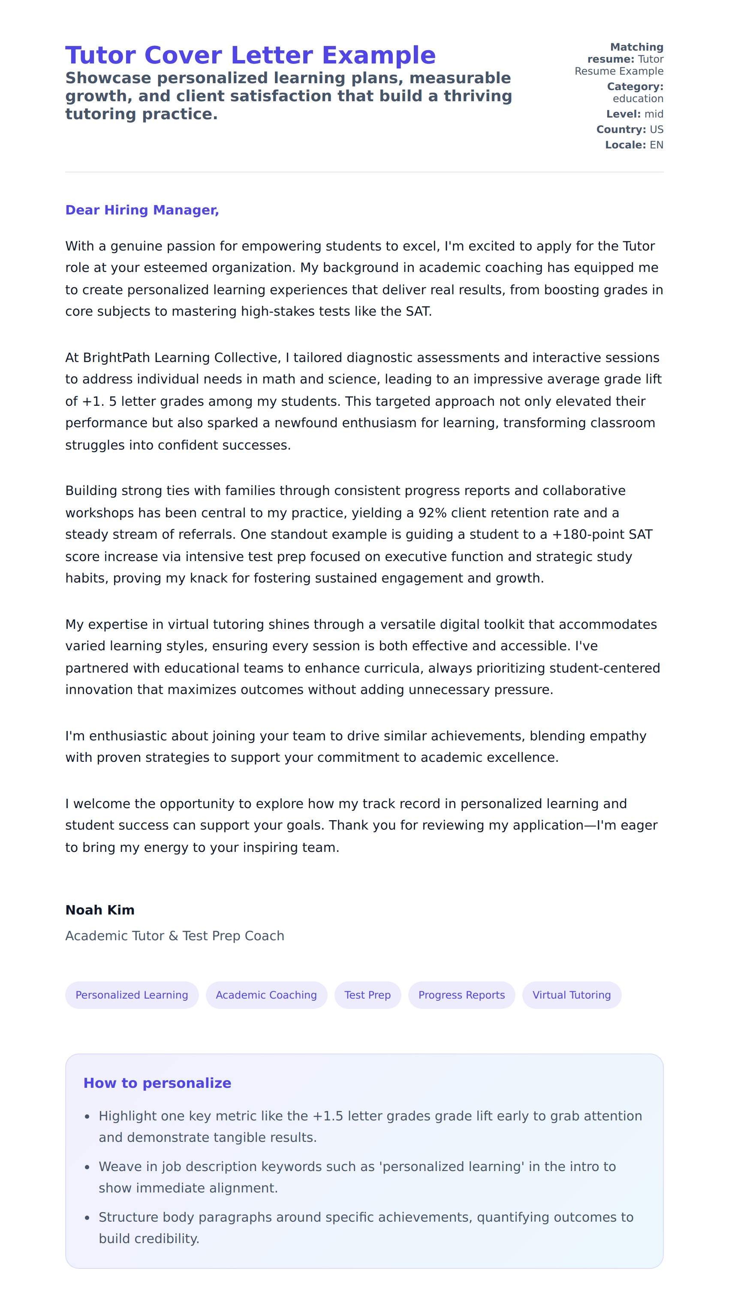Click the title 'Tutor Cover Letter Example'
[250, 55]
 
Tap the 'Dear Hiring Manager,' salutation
[142, 210]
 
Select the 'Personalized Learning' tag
[132, 995]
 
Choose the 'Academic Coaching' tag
[266, 995]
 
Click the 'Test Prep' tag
[367, 995]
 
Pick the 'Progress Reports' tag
[461, 995]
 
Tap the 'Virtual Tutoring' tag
[571, 995]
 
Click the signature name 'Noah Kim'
[99, 910]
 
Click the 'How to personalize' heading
[157, 1083]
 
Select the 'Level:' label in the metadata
[623, 114]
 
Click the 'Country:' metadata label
[621, 129]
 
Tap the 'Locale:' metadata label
[625, 145]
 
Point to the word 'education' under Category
[638, 99]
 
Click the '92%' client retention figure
[432, 513]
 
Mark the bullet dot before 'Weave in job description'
[87, 1167]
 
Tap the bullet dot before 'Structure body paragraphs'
[87, 1218]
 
